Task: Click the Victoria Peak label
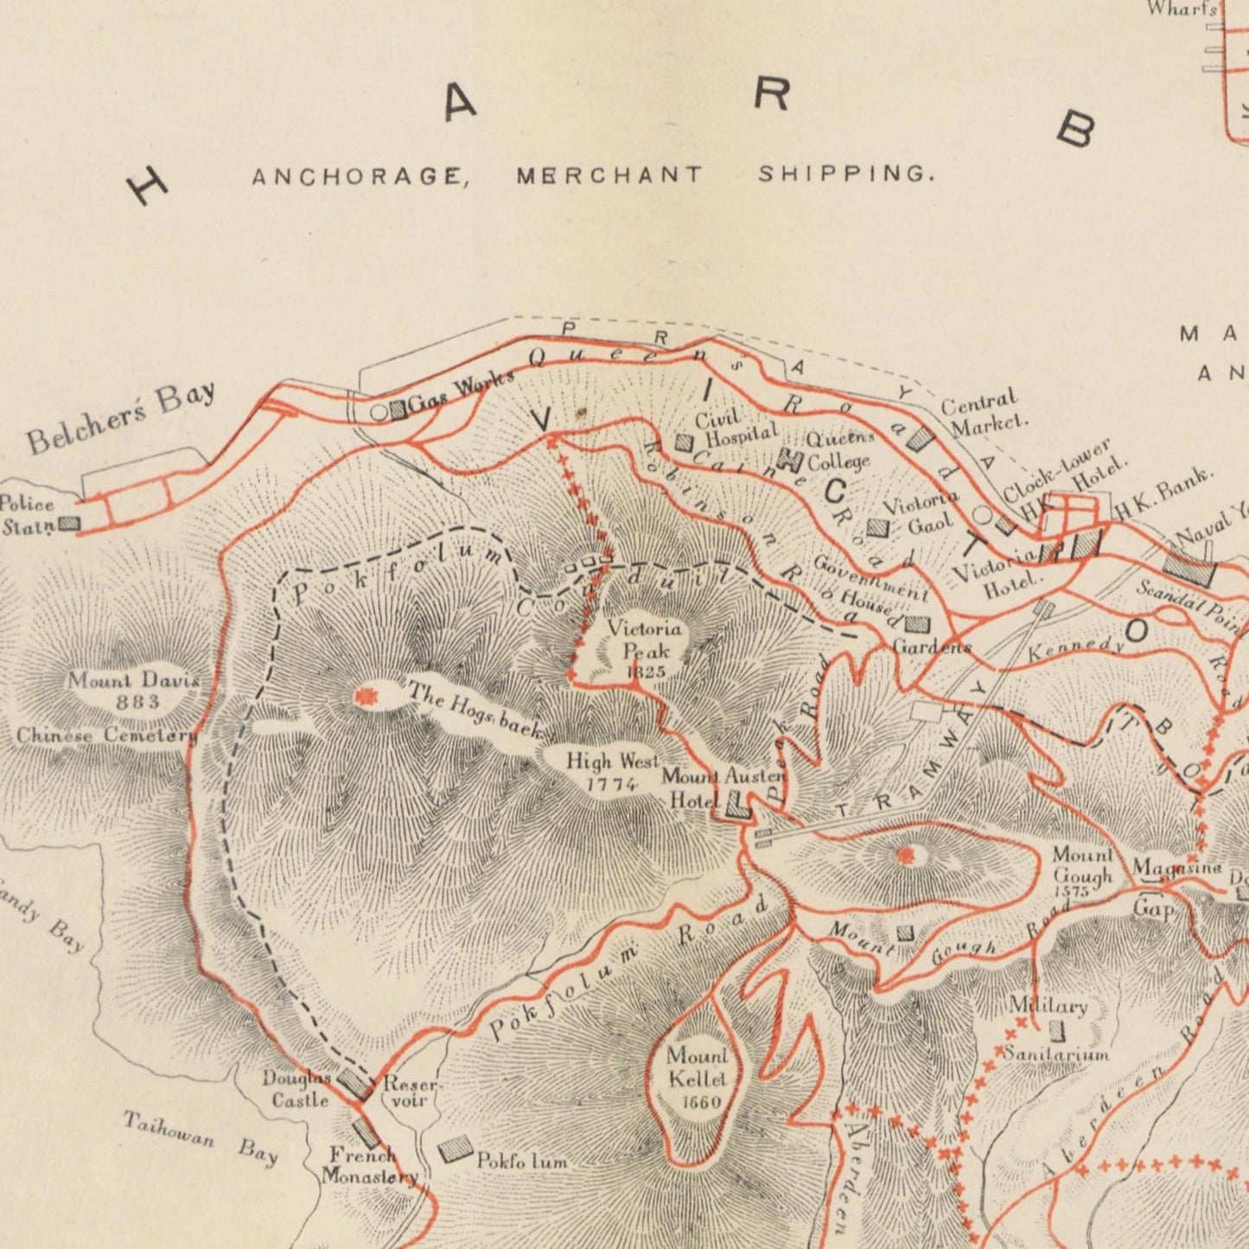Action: tap(644, 649)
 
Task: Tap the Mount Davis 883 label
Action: tap(135, 690)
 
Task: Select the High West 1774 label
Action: tap(612, 772)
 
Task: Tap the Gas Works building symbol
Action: tap(398, 411)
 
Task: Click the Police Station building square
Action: tap(69, 523)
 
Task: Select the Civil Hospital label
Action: tap(735, 428)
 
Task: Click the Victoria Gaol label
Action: tap(920, 513)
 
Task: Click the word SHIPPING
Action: tap(846, 174)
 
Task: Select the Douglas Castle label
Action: tap(296, 1089)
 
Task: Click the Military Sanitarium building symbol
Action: tap(1056, 1029)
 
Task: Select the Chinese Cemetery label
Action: tap(106, 736)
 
